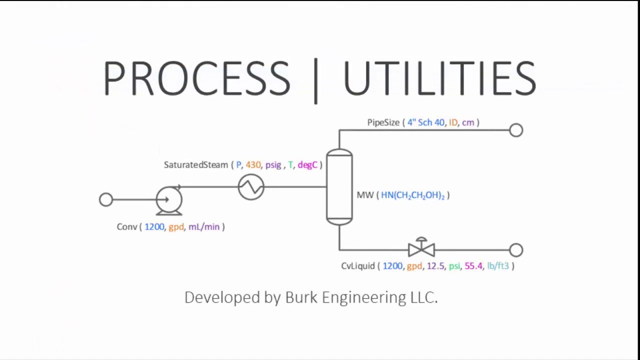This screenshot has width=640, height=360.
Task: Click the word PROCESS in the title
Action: [196, 78]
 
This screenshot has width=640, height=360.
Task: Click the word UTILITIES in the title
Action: [439, 78]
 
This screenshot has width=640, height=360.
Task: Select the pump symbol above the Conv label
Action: [168, 200]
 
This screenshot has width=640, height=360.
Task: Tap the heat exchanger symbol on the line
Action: [251, 187]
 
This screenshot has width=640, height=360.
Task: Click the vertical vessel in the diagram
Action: [339, 186]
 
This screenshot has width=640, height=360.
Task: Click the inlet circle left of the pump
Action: [106, 200]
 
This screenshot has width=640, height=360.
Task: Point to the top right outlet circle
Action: [516, 130]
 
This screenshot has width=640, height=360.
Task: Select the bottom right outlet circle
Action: [516, 250]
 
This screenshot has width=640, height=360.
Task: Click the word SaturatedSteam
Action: [195, 165]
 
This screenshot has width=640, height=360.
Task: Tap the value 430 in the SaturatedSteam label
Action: [253, 165]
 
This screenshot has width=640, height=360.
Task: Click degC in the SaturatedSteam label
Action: [307, 165]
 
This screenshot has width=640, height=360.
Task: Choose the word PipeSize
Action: [383, 122]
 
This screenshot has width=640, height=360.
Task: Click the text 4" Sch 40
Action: [425, 122]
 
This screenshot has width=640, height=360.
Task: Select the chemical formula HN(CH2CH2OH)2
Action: [412, 195]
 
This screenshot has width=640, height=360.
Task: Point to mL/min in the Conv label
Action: [204, 227]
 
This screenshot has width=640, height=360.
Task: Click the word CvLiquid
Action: [357, 266]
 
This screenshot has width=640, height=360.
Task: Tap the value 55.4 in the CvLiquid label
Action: [473, 266]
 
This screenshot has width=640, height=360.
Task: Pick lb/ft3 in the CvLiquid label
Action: [497, 266]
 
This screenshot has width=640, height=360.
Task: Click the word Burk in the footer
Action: [301, 297]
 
